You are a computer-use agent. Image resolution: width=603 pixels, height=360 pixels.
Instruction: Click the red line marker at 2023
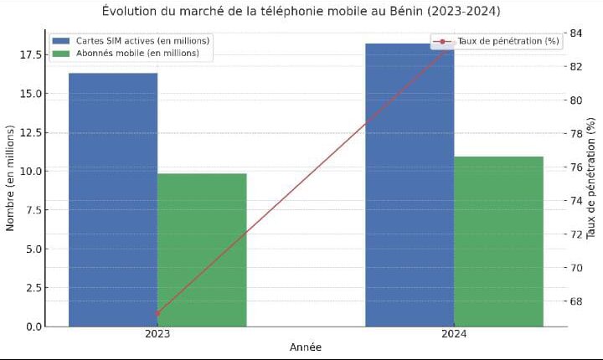[x=157, y=314]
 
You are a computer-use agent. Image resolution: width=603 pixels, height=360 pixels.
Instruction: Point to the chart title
[x=301, y=11]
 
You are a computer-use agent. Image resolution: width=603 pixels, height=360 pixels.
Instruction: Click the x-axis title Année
[x=306, y=347]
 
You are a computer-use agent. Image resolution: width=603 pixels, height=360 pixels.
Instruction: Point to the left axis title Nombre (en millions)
[x=11, y=178]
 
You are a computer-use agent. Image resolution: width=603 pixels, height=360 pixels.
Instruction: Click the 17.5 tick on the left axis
[x=32, y=54]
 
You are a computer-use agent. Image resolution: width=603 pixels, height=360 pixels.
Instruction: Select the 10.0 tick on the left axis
[x=32, y=171]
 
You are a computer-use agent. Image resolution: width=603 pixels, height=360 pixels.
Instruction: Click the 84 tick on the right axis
[x=576, y=33]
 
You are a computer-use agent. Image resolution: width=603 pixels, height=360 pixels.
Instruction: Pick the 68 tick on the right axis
[x=576, y=301]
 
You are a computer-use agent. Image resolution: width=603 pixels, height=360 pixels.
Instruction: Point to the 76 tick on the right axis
[x=576, y=167]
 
